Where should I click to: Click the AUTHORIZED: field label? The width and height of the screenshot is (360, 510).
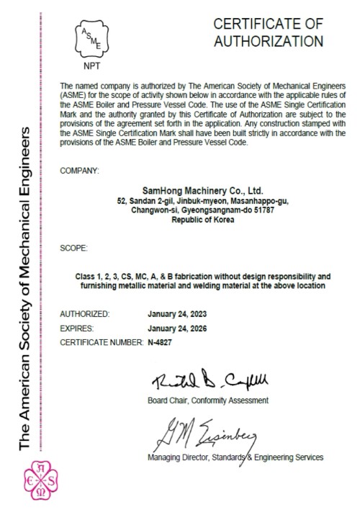(85, 314)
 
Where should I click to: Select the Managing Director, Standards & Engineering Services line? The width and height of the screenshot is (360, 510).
(235, 457)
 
